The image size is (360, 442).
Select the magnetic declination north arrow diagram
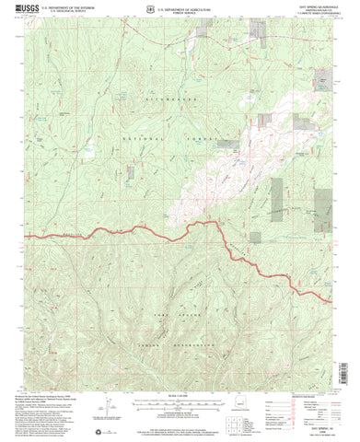tap(108, 408)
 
